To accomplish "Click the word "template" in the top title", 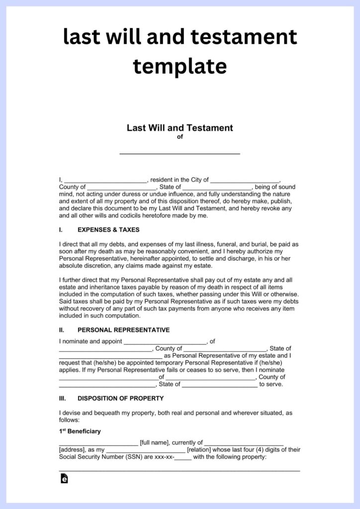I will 180,66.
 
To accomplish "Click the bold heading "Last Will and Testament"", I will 180,128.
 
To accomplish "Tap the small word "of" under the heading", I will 180,137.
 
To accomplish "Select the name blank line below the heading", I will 180,152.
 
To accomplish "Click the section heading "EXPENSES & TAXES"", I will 108,230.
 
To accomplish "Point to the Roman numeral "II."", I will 62,330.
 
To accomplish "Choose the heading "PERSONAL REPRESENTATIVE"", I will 123,330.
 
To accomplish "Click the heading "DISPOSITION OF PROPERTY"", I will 120,398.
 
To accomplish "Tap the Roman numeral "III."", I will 63,398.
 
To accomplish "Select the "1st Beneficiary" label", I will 80,431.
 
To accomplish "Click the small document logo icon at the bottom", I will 64,479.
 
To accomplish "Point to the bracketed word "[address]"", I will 72,450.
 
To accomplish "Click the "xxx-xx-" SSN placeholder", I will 163,457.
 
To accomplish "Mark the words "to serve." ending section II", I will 271,384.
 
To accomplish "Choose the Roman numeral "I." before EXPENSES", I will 61,230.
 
